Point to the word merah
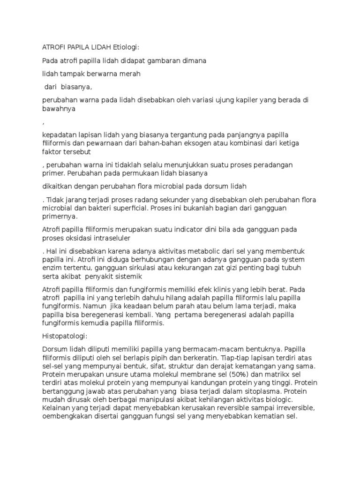point(130,74)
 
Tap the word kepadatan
point(60,135)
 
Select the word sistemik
point(135,276)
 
